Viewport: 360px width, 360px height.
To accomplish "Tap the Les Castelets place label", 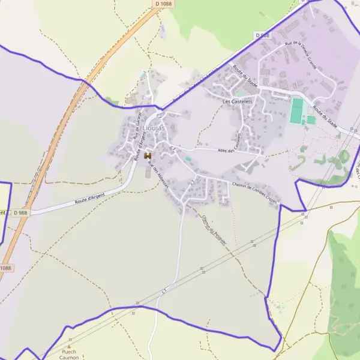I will [x=235, y=102].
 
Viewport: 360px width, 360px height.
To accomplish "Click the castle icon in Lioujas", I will [x=147, y=156].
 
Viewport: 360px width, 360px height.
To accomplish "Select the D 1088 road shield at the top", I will [x=163, y=4].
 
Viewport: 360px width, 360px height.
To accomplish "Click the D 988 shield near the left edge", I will [x=20, y=212].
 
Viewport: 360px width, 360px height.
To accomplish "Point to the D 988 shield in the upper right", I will [x=262, y=35].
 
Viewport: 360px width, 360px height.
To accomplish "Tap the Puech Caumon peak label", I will [x=70, y=355].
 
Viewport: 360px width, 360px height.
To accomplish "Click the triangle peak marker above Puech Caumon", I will [x=69, y=346].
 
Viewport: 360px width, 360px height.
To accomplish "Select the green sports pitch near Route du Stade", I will [x=296, y=111].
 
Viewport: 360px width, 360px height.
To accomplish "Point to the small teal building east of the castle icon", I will [x=188, y=159].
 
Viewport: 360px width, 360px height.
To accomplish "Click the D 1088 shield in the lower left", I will [x=5, y=268].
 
